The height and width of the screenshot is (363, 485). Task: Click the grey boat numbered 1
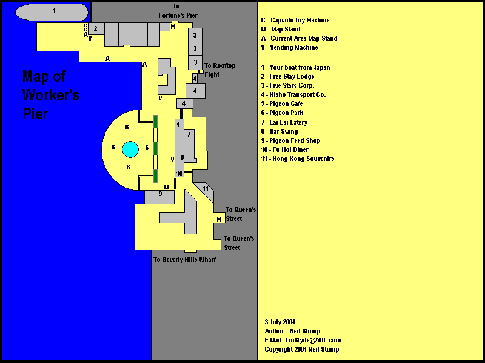pos(52,12)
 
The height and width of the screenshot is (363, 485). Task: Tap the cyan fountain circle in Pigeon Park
pos(130,149)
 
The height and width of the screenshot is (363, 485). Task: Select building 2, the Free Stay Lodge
pos(96,28)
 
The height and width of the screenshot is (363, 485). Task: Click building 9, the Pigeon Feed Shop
pos(159,197)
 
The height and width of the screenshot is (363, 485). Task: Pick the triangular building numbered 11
pos(206,191)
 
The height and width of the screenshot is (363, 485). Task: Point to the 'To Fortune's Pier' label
pos(178,11)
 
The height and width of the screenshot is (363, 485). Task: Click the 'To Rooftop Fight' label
pos(219,70)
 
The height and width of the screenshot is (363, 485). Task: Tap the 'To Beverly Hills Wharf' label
pos(185,260)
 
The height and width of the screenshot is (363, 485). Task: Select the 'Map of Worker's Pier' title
pos(51,95)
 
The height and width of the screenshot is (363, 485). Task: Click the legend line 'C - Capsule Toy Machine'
pos(295,20)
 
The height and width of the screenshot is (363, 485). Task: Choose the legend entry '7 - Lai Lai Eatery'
pos(284,122)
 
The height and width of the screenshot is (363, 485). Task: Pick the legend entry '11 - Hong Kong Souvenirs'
pos(298,159)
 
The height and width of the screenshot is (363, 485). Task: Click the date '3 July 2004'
pos(280,322)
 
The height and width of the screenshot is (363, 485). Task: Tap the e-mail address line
pos(303,340)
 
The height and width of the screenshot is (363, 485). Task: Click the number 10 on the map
pos(179,174)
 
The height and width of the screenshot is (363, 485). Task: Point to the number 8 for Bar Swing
pos(182,157)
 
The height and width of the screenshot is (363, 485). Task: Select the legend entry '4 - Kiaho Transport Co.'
pos(293,94)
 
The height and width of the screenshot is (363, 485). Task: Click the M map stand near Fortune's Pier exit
pos(173,27)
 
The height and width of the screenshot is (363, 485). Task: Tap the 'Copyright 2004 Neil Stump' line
pos(302,349)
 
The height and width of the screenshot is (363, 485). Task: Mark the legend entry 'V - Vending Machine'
pos(290,47)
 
